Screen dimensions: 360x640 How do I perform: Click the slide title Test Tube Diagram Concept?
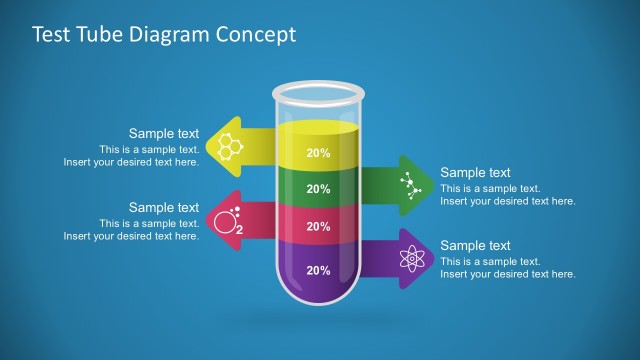pyautogui.click(x=164, y=35)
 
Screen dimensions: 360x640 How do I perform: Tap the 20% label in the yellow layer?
pyautogui.click(x=318, y=153)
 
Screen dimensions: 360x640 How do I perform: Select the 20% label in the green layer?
pyautogui.click(x=318, y=189)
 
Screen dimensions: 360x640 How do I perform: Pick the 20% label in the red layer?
pyautogui.click(x=318, y=227)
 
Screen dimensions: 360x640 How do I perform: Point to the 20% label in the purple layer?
pyautogui.click(x=318, y=270)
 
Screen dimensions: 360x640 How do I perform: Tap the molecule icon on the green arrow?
pyautogui.click(x=409, y=182)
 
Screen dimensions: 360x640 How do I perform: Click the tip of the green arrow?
pyautogui.click(x=431, y=182)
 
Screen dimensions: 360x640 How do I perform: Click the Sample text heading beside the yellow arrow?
pyautogui.click(x=164, y=133)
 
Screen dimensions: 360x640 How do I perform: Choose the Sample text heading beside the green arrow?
pyautogui.click(x=475, y=172)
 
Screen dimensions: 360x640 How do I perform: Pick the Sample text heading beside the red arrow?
pyautogui.click(x=164, y=207)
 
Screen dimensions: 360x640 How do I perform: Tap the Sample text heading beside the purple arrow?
pyautogui.click(x=475, y=245)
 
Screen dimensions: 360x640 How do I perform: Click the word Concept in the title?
pyautogui.click(x=258, y=35)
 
